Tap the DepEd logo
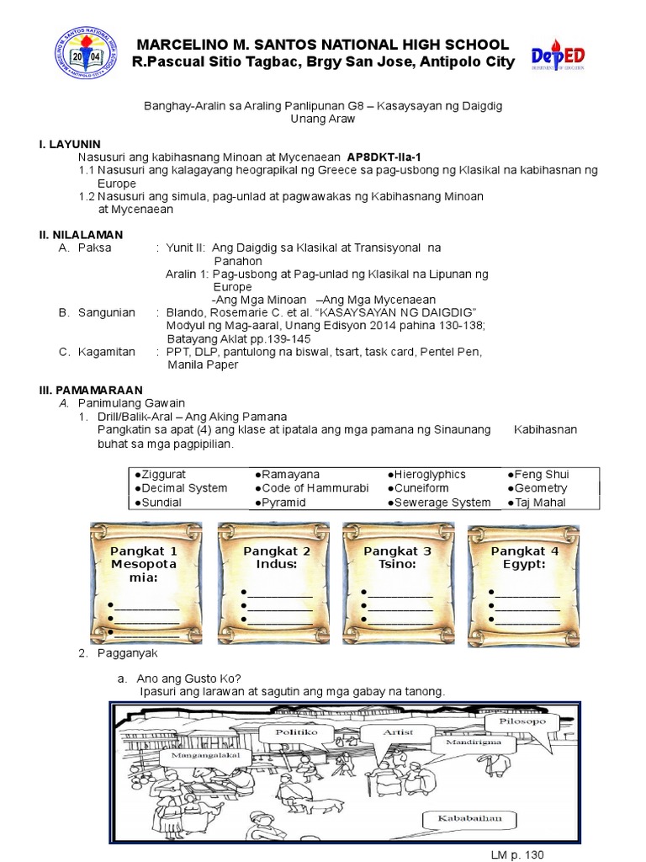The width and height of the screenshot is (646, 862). pos(559,57)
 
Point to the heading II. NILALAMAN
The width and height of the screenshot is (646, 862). pos(81,234)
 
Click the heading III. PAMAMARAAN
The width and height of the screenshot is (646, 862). pos(91,390)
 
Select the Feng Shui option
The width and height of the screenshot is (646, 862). pos(539,475)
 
